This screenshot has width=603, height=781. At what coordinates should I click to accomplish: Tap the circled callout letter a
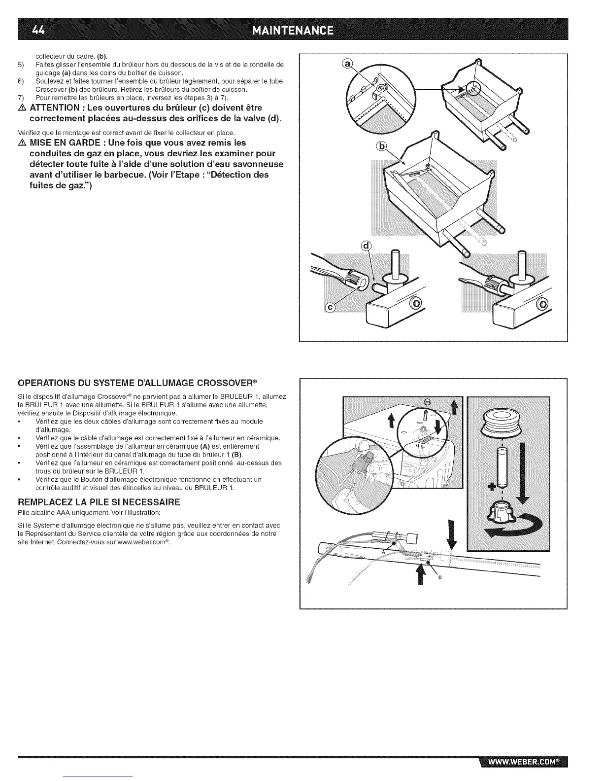click(x=348, y=64)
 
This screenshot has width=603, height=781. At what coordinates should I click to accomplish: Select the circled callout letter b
click(x=381, y=146)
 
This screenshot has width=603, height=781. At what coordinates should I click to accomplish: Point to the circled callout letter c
click(x=331, y=308)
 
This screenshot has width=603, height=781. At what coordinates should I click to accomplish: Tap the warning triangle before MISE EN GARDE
click(x=21, y=143)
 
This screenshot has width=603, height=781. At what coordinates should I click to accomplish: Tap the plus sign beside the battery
click(x=491, y=487)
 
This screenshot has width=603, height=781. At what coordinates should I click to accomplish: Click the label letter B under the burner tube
click(x=439, y=578)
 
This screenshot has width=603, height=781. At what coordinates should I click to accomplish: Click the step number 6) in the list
click(x=21, y=81)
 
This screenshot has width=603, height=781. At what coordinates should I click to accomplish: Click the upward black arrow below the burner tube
click(x=420, y=575)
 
